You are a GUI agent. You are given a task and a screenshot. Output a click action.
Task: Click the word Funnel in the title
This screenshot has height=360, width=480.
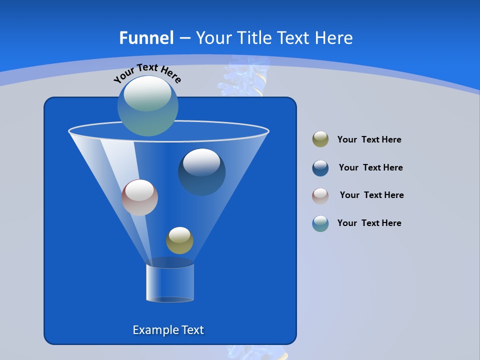click(146, 38)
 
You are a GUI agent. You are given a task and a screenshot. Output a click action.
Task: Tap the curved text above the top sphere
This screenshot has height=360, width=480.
click(147, 72)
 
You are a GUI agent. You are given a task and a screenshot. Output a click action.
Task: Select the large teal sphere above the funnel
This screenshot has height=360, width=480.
click(147, 106)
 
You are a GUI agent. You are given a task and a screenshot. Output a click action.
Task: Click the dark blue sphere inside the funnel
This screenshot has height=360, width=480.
click(202, 172)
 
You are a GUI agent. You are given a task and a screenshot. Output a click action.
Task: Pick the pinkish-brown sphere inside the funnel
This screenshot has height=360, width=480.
click(139, 197)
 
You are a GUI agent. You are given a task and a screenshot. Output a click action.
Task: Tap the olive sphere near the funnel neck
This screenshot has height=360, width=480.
click(179, 240)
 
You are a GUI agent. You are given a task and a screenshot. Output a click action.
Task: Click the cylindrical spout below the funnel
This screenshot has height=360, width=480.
click(170, 282)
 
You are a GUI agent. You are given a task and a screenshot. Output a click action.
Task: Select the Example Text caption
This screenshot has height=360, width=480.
click(168, 330)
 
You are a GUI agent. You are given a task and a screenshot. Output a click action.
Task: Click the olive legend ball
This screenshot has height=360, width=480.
click(320, 139)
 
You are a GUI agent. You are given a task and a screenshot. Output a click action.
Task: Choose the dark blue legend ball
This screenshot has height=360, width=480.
click(320, 168)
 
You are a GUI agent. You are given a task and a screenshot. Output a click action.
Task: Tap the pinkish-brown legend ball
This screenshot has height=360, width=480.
click(320, 195)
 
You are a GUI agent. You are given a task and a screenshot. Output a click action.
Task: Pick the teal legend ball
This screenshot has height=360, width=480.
click(320, 223)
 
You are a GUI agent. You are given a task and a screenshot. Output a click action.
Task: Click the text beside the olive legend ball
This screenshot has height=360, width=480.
click(369, 139)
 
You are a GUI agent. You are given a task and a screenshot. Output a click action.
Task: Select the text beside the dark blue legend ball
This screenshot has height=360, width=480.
click(370, 167)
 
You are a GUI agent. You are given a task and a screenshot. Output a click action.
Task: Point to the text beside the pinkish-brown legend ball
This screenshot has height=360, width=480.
click(371, 195)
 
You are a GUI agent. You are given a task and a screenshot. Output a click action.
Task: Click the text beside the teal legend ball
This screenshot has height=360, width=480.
click(369, 223)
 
